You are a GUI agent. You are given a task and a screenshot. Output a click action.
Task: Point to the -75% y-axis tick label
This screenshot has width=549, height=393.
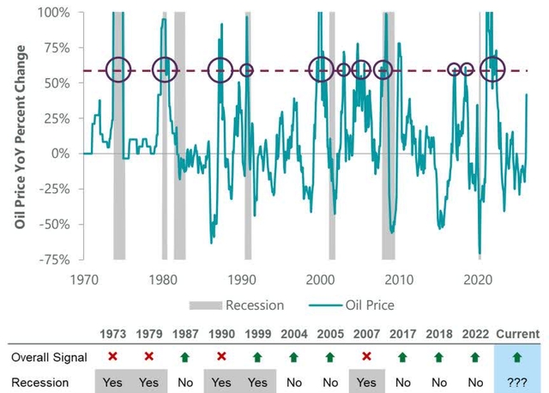(57, 259)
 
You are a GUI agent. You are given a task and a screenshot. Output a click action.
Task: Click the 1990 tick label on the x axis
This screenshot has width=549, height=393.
(242, 279)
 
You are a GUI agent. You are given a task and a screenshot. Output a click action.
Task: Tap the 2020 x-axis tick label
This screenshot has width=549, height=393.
(480, 279)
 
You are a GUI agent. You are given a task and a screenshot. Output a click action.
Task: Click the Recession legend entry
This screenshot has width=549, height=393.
(255, 305)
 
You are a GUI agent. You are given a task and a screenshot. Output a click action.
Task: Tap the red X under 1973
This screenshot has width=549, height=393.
(112, 356)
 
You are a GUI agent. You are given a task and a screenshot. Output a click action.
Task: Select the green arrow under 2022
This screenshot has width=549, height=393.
(477, 356)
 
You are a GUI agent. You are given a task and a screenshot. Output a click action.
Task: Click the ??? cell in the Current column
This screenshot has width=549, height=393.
(517, 379)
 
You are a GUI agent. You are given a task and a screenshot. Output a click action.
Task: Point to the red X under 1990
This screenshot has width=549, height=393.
(222, 356)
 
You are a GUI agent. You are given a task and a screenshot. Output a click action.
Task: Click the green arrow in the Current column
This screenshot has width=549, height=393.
(517, 356)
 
